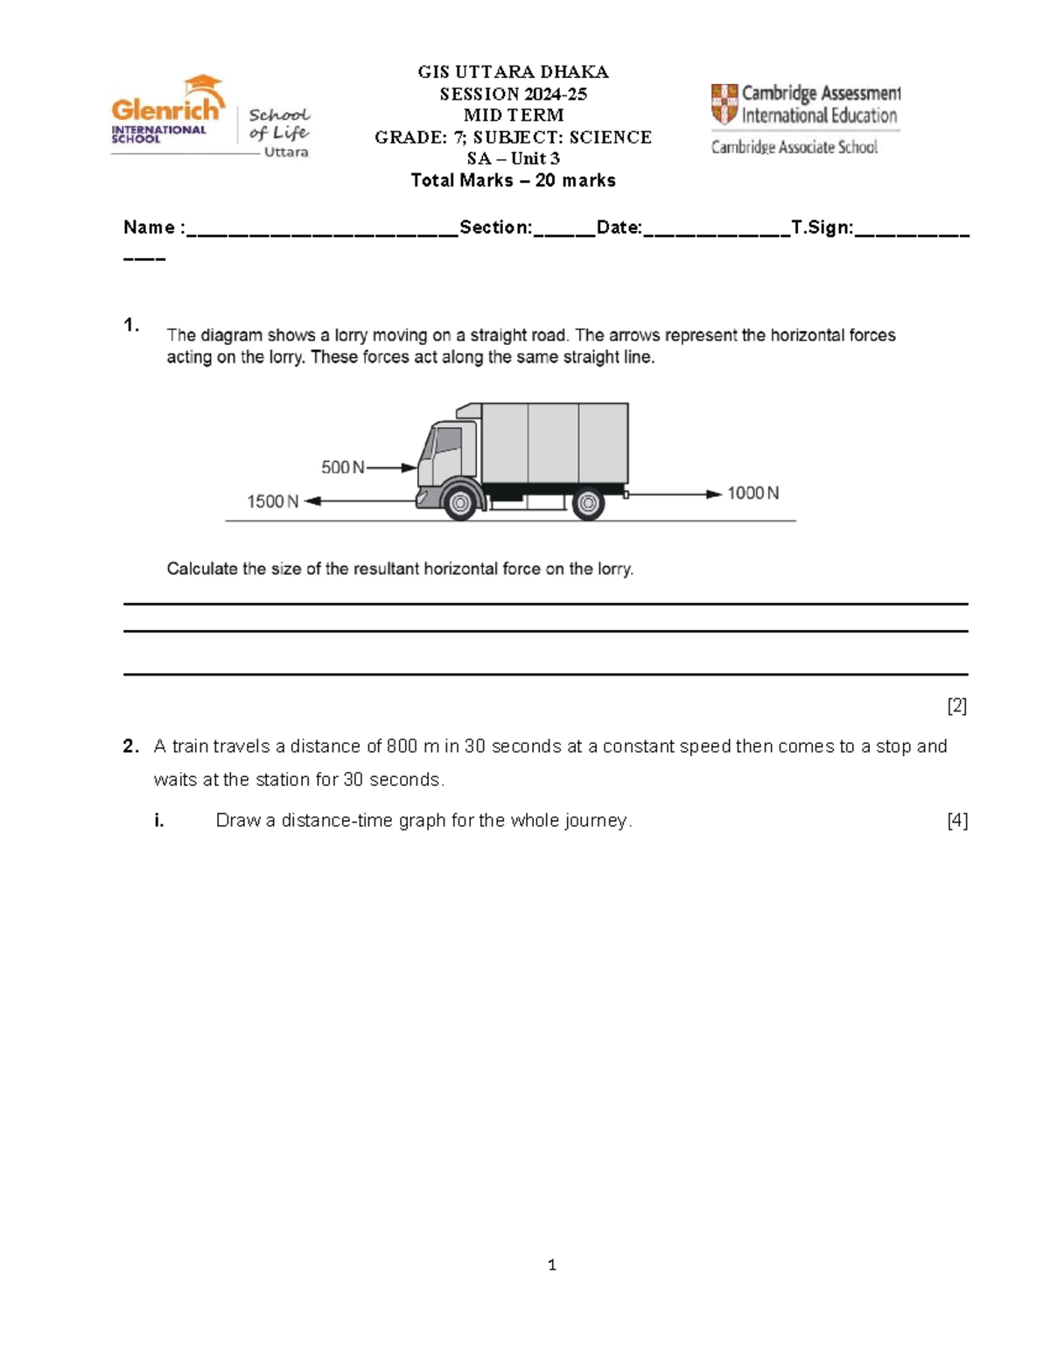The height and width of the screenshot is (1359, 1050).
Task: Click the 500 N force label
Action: pos(342,467)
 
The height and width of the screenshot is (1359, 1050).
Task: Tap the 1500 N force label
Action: pos(272,501)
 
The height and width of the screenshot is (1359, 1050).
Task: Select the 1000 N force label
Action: pos(752,494)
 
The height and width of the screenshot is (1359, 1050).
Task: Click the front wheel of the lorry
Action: pos(459,502)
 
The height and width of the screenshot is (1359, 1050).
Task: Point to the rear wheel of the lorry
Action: pos(588,503)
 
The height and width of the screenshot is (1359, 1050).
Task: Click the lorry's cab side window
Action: pos(447,439)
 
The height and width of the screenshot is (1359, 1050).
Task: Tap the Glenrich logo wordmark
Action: pos(166,109)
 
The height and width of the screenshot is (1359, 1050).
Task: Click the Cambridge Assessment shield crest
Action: pos(724,103)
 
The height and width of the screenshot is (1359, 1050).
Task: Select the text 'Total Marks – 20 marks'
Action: pos(514,180)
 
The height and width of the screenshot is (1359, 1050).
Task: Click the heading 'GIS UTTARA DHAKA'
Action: pos(514,72)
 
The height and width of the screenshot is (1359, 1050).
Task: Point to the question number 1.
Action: pos(131,325)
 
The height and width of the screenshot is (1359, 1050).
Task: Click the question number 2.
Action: pos(131,746)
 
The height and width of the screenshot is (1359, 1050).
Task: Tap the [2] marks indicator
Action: pos(956,705)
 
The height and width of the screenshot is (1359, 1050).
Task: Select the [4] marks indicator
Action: pos(956,820)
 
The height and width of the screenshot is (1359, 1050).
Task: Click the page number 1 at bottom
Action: pos(551,1264)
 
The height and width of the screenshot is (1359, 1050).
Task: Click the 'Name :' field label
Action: pos(154,228)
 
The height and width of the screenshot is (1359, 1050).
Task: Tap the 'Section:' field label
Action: pos(495,228)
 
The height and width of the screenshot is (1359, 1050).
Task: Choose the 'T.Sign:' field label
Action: pos(822,228)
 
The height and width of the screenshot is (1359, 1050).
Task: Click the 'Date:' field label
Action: pos(619,228)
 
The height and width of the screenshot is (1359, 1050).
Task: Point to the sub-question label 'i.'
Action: pos(159,820)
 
